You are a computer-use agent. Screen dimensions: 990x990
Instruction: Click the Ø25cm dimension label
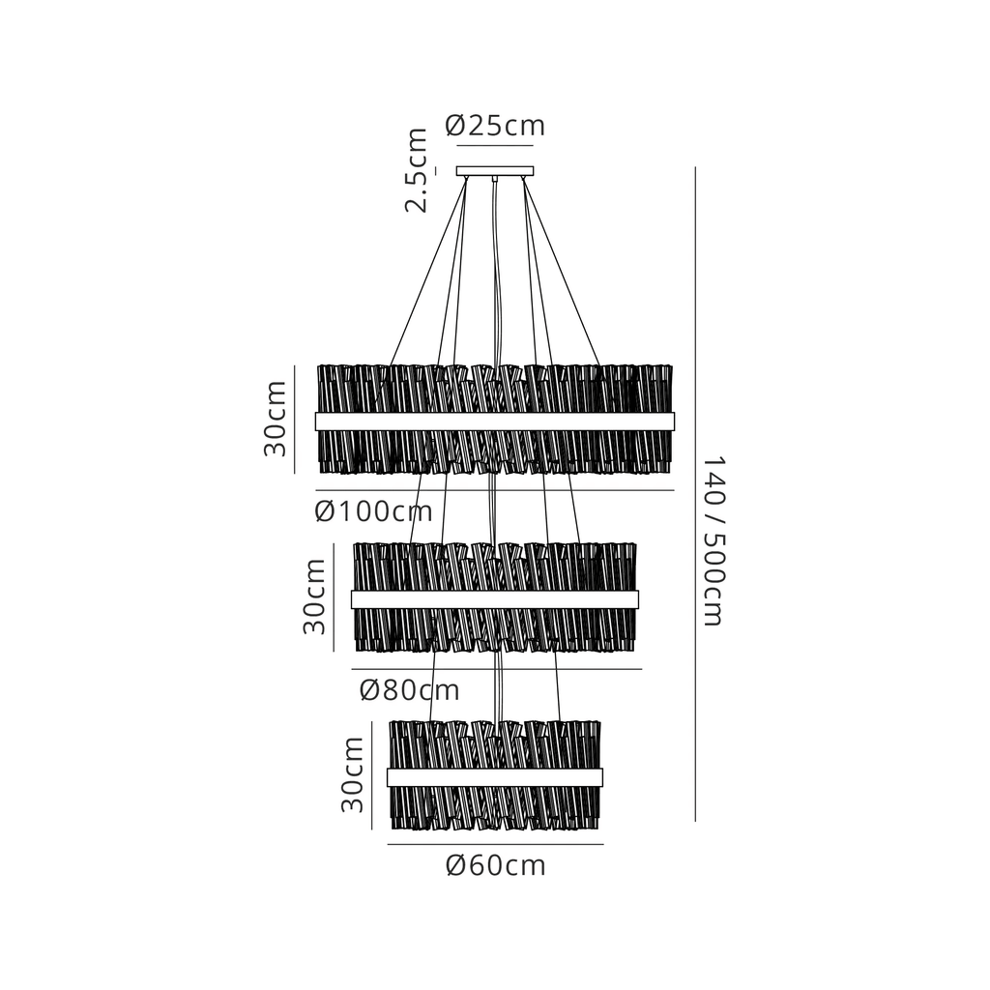[495, 126]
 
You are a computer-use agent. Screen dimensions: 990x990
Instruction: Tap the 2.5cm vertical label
[417, 170]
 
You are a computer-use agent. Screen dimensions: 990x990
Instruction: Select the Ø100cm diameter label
[374, 511]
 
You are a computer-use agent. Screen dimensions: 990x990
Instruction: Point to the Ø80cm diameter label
[410, 690]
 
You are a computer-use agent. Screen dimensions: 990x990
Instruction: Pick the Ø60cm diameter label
[496, 865]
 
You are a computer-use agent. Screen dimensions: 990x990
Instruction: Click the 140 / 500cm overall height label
[714, 541]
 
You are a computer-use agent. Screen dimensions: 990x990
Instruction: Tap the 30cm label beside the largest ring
[276, 419]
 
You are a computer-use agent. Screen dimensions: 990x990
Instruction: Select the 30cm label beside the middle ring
[314, 597]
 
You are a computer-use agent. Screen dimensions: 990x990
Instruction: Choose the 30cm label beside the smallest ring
[353, 774]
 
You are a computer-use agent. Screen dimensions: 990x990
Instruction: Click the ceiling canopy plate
[495, 171]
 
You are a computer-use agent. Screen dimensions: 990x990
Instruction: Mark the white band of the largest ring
[495, 422]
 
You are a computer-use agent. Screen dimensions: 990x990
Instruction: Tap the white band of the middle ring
[495, 599]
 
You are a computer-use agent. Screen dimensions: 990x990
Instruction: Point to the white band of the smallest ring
[495, 777]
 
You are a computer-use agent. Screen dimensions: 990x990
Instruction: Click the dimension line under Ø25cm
[495, 146]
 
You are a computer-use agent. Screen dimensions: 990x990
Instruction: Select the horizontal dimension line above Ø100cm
[495, 490]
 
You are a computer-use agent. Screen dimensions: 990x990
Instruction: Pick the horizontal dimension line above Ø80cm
[497, 669]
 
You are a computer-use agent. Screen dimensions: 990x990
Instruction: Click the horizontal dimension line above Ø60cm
[496, 844]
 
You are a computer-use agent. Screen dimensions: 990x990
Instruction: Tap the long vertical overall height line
[695, 494]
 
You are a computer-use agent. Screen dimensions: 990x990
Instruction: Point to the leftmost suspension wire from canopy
[428, 272]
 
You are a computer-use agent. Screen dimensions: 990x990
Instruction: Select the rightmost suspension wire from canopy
[562, 272]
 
